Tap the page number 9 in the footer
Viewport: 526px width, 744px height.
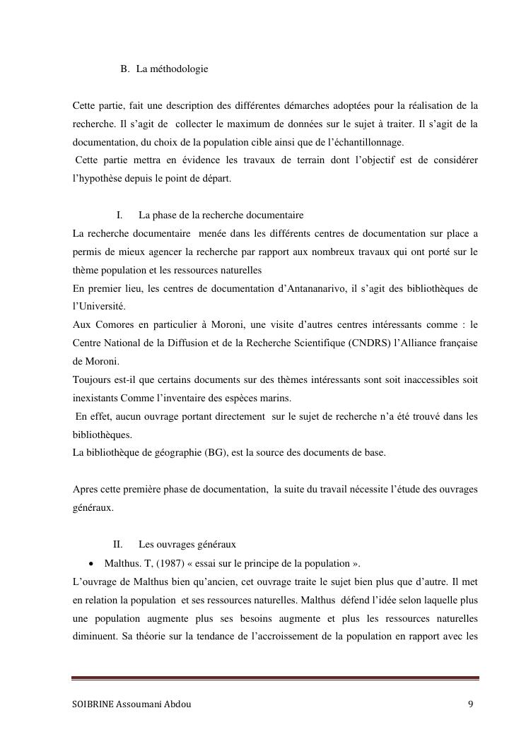(x=470, y=704)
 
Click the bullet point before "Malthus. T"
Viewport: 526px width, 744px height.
(x=93, y=563)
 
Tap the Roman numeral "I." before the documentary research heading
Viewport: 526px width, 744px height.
(x=120, y=215)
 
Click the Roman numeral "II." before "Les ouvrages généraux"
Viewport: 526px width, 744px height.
(x=118, y=544)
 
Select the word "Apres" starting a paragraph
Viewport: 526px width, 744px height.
(x=84, y=489)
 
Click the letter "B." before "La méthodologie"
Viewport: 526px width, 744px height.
(x=125, y=69)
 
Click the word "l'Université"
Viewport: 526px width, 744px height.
(x=98, y=306)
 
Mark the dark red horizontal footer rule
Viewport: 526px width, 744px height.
(x=275, y=679)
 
